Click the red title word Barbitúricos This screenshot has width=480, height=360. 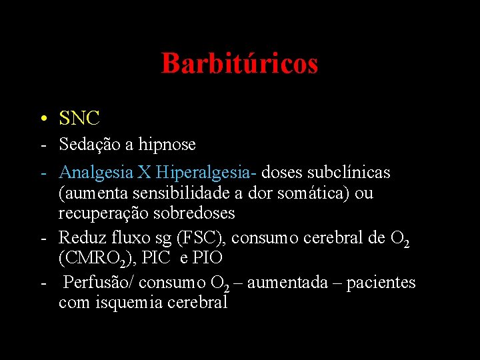[x=239, y=64]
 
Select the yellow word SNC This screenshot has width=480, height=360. [x=79, y=119]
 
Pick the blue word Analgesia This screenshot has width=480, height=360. [x=96, y=173]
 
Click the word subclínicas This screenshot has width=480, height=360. [x=349, y=173]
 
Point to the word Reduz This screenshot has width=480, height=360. [x=81, y=237]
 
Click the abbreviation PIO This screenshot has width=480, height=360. [x=207, y=258]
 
